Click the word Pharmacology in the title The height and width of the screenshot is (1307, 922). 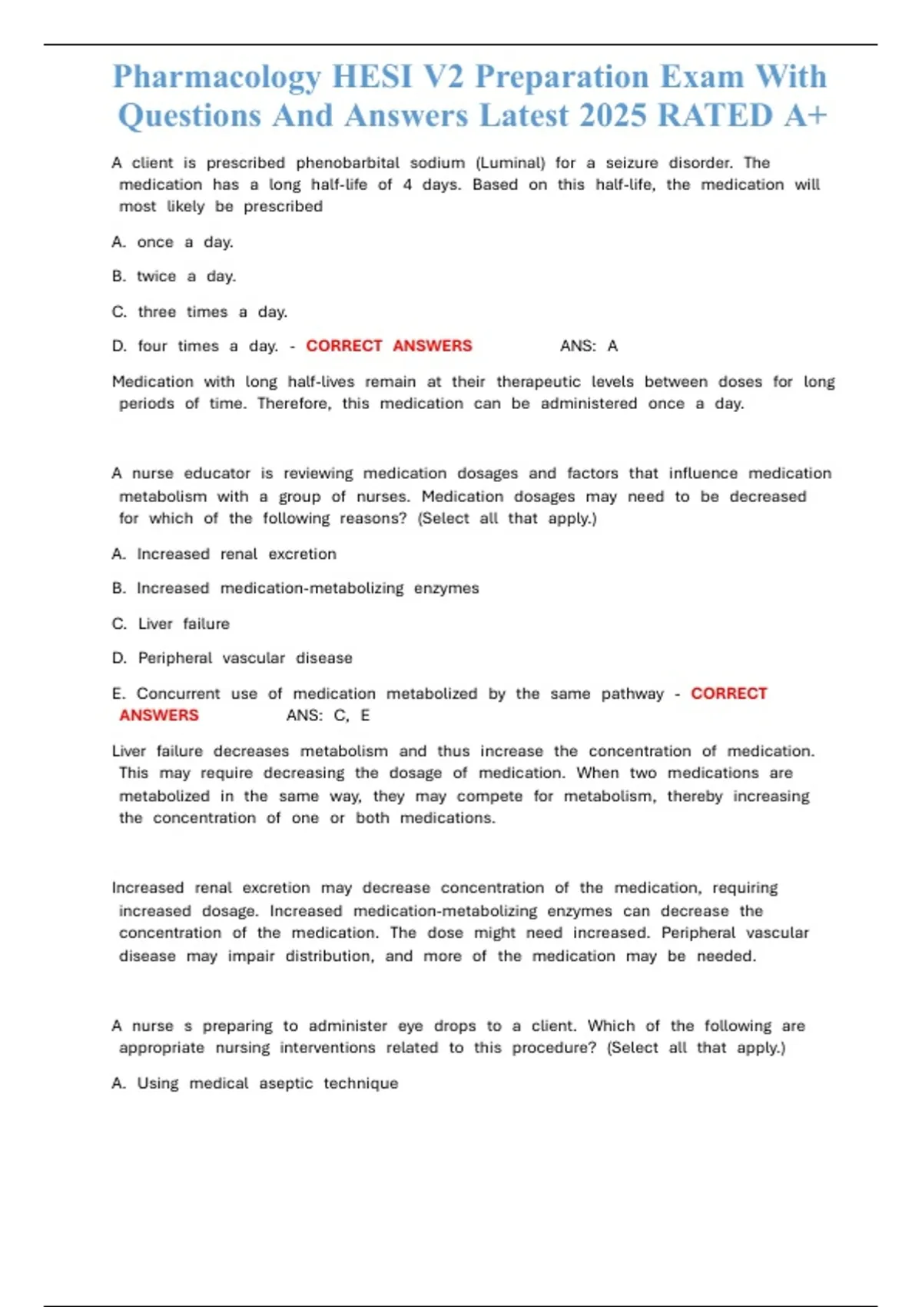tap(217, 78)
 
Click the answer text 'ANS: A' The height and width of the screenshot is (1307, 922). tap(589, 346)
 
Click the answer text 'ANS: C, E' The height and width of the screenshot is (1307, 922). tap(328, 716)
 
